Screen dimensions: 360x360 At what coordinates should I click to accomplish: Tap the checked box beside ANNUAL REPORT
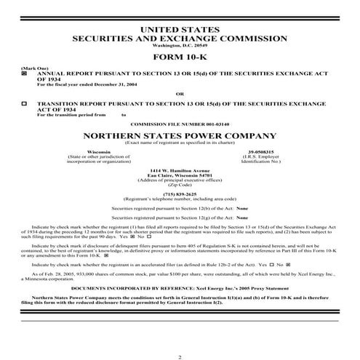24,74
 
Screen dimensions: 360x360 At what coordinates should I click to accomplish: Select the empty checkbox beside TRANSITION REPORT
24,103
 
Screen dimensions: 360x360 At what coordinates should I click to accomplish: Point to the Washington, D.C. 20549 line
180,46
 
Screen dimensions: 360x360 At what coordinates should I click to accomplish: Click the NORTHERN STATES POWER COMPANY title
180,135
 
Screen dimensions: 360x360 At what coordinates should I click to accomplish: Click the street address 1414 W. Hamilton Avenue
180,170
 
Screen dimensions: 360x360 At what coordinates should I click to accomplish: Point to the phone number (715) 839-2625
180,193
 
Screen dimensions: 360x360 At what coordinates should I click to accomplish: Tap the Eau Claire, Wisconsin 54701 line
180,175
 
